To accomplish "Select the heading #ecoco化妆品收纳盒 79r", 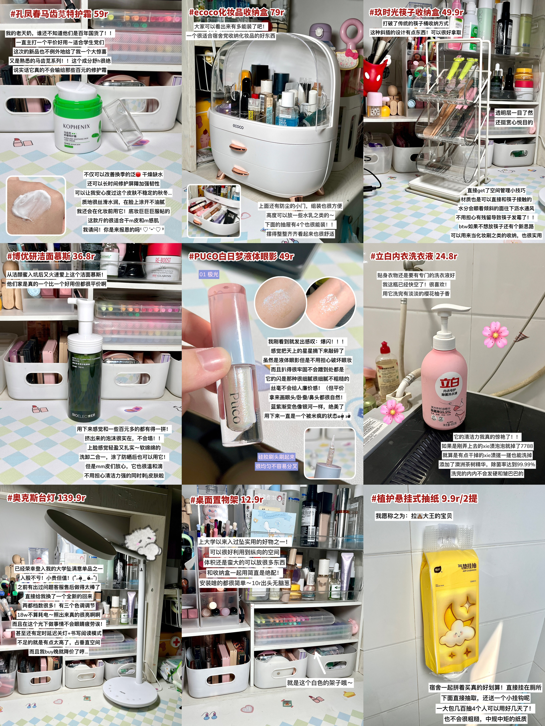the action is [236, 12].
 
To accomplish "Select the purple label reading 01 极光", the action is [209, 274].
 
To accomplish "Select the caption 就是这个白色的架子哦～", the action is [320, 683].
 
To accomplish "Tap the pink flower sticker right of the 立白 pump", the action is [495, 334].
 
